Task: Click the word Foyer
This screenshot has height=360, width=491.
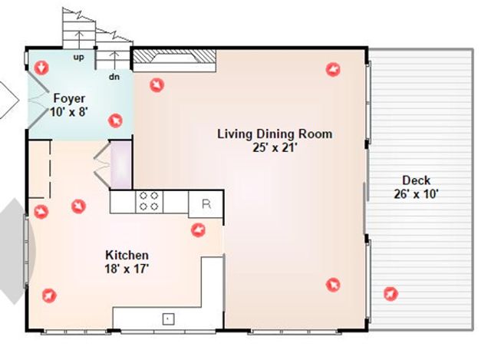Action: (x=68, y=98)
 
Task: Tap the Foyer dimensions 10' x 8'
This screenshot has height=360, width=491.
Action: (x=68, y=111)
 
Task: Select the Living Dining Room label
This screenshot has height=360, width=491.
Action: (x=275, y=134)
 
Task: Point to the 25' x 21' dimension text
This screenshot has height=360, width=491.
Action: (x=275, y=147)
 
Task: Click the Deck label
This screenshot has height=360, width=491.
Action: (x=417, y=181)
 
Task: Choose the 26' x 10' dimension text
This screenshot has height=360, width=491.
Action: (x=417, y=194)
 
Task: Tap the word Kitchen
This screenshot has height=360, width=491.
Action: (x=127, y=255)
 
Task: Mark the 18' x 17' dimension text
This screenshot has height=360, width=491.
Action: (x=127, y=268)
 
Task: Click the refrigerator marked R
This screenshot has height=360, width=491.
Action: (x=205, y=203)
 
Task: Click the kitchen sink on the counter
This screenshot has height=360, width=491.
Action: (x=168, y=318)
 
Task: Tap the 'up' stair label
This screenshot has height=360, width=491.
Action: (x=78, y=57)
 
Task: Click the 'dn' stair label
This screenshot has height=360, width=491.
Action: (x=114, y=76)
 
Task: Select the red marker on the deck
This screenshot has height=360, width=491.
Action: (x=390, y=293)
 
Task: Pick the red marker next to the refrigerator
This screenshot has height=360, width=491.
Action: (x=198, y=230)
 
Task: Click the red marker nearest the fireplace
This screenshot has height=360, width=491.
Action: (x=157, y=84)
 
